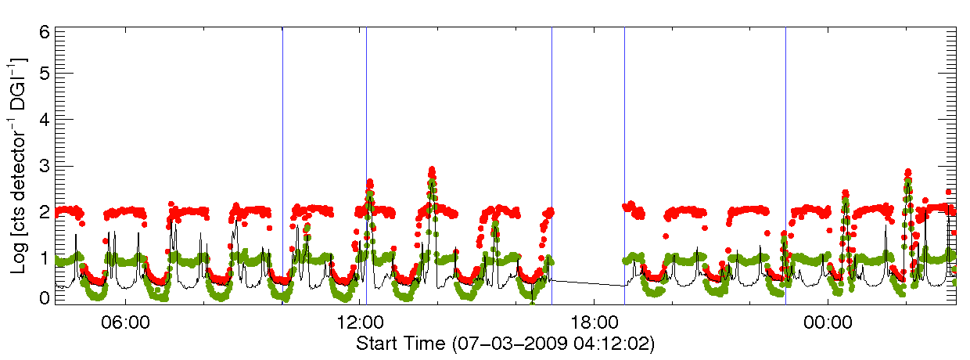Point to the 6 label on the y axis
click(45, 33)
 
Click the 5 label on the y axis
click(45, 74)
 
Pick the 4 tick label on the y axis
click(45, 120)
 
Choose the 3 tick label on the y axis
click(45, 166)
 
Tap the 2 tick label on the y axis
click(45, 212)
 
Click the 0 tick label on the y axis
click(45, 297)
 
